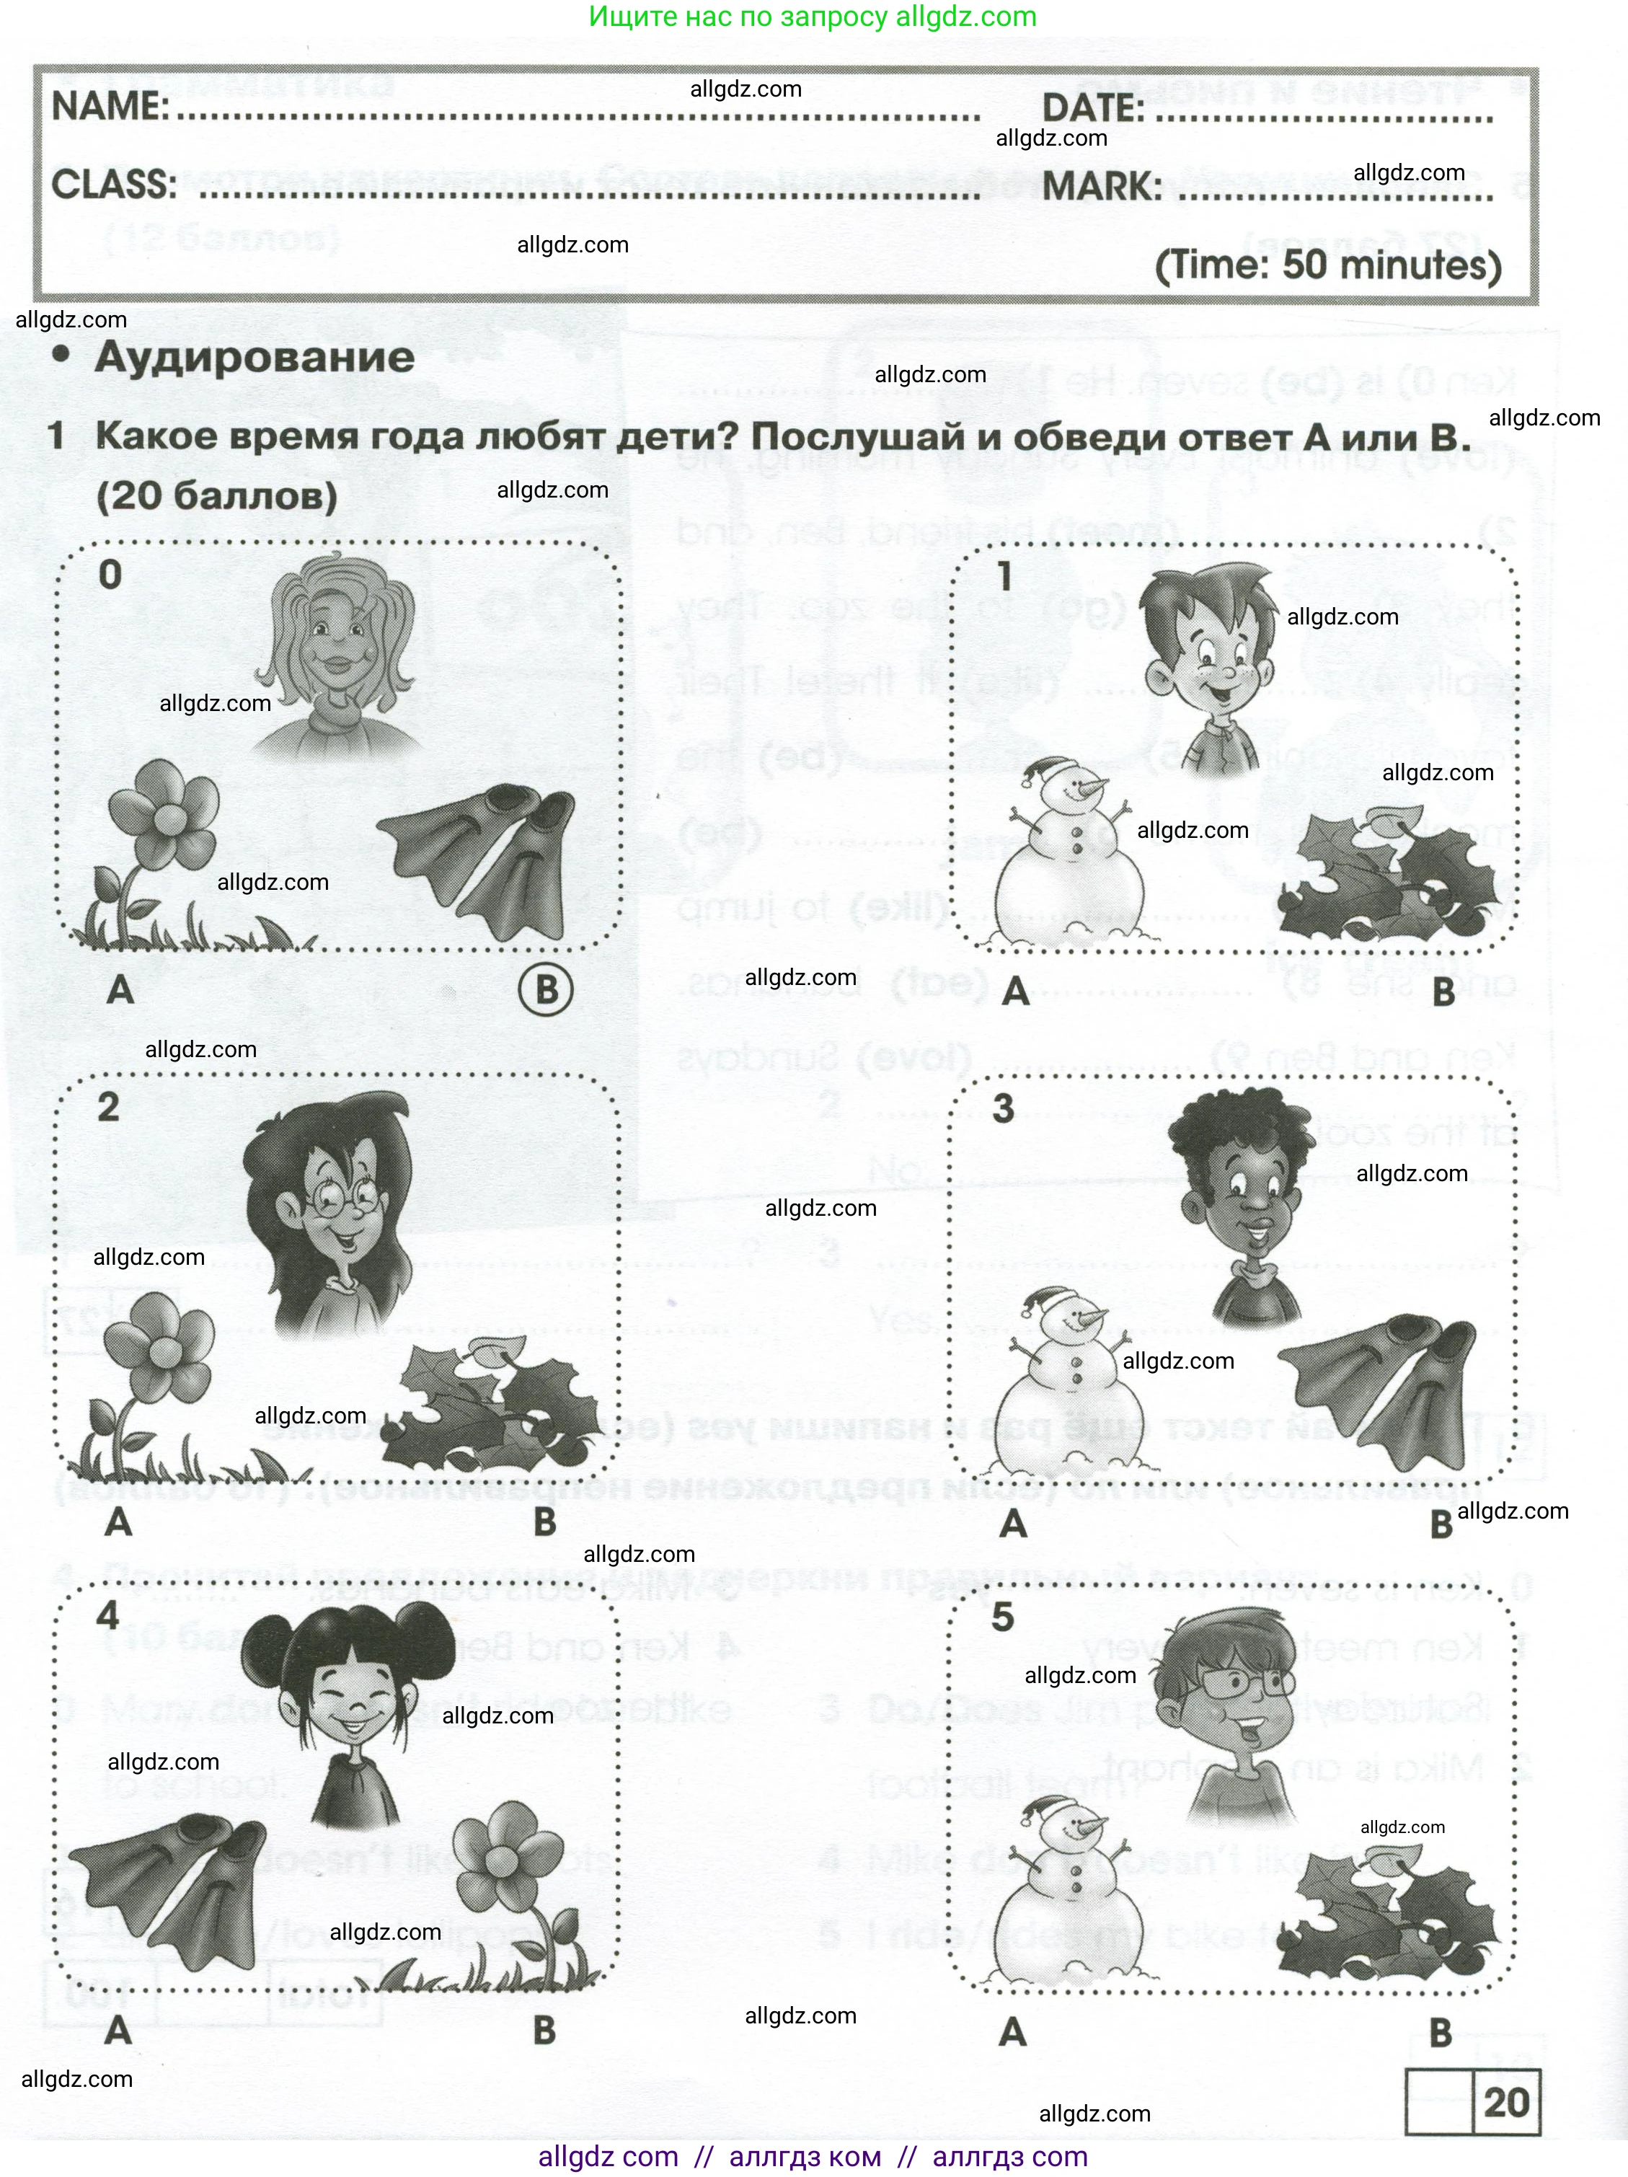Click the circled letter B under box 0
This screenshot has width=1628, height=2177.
tap(547, 989)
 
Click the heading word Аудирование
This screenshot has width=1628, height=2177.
tap(254, 357)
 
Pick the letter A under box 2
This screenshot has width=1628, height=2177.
tap(118, 1522)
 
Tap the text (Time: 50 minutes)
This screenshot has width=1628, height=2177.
tap(1328, 266)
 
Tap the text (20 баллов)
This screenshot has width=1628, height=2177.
tap(216, 495)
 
